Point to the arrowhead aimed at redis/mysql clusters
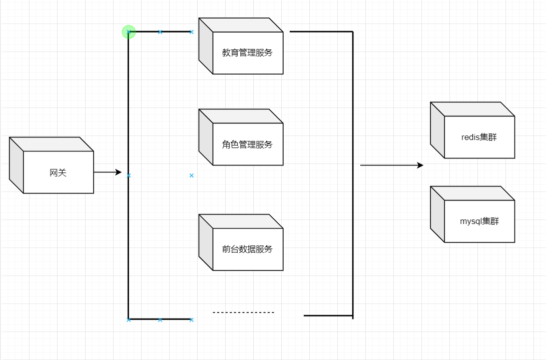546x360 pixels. [420, 165]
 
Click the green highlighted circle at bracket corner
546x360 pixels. [129, 32]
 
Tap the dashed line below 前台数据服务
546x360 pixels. [243, 312]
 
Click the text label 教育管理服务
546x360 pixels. [247, 52]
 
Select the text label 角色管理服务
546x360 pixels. [247, 145]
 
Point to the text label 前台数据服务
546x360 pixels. [247, 249]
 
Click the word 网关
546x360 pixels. [58, 173]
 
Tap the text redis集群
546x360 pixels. [479, 137]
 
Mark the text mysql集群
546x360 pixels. [479, 221]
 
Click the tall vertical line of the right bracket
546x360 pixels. [353, 175]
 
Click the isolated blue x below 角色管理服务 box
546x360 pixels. [191, 175]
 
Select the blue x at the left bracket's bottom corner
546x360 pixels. [129, 319]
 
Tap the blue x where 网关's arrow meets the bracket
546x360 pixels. [129, 175]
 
